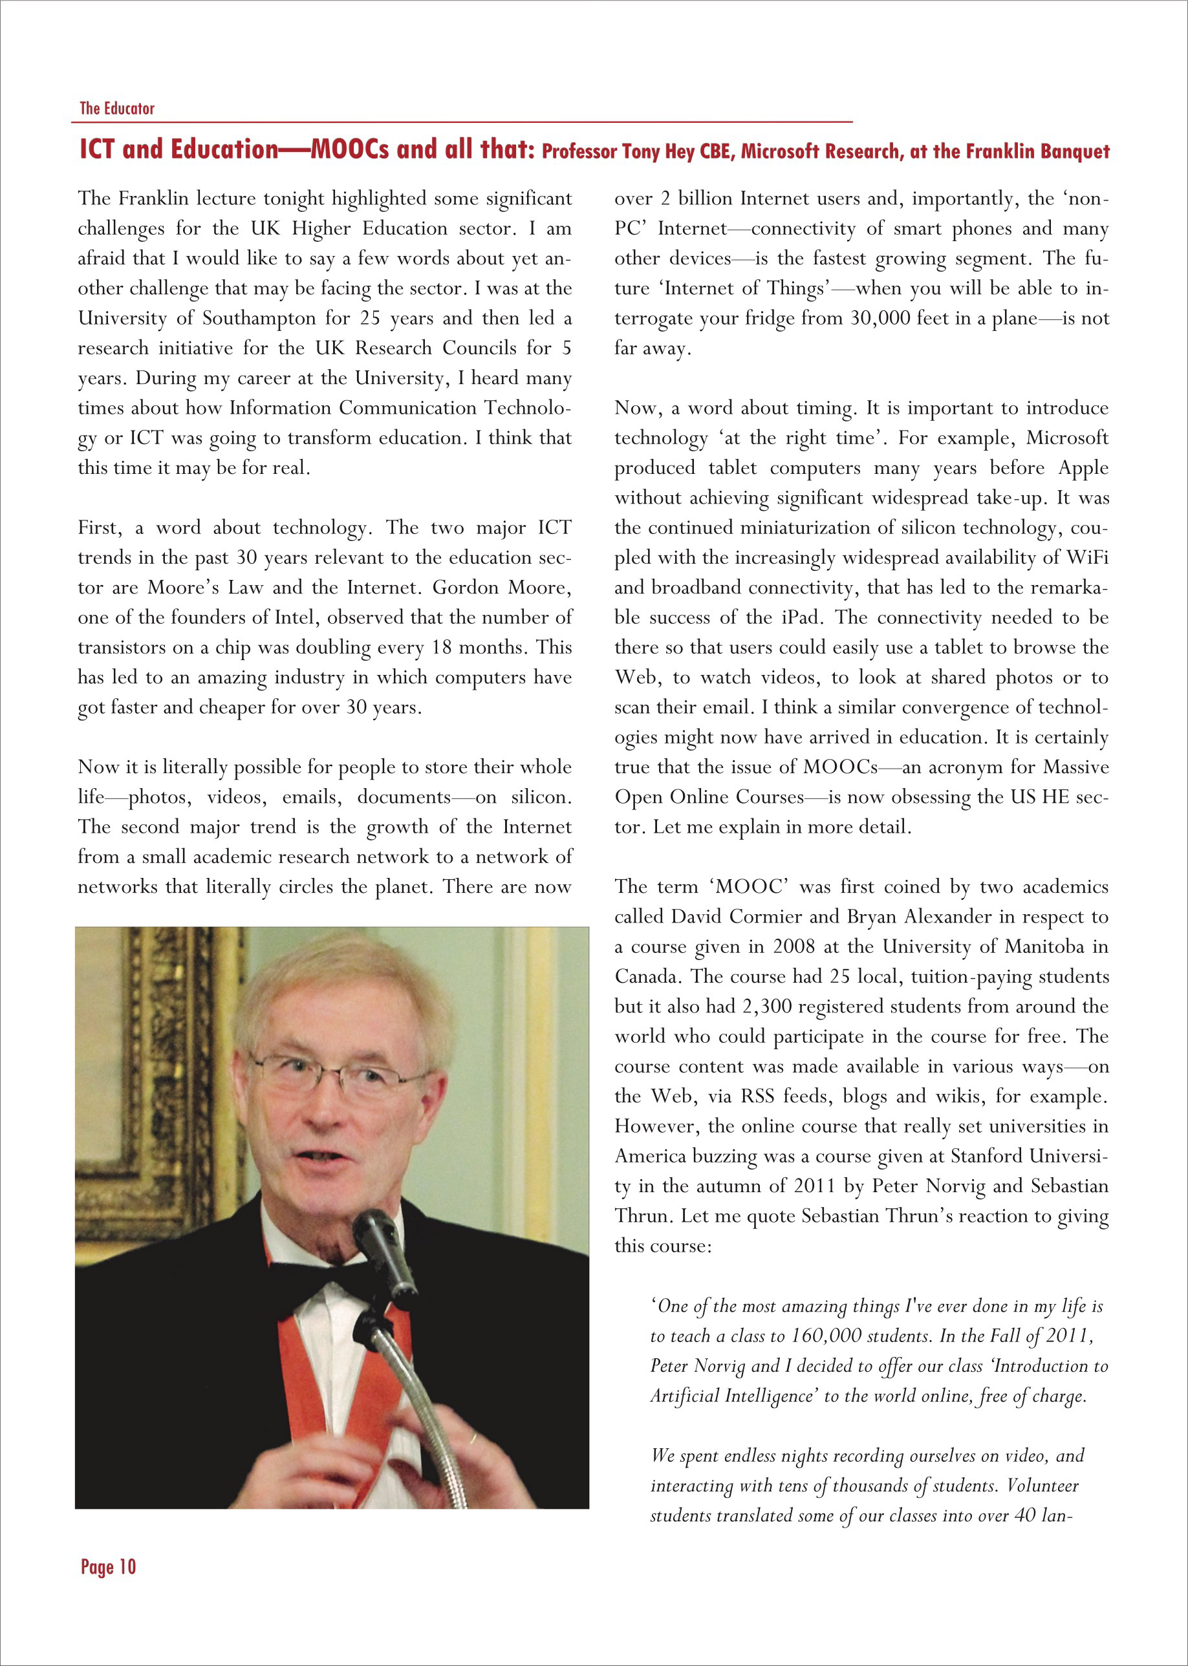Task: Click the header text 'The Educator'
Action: pos(117,108)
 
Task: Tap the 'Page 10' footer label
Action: pos(108,1566)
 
